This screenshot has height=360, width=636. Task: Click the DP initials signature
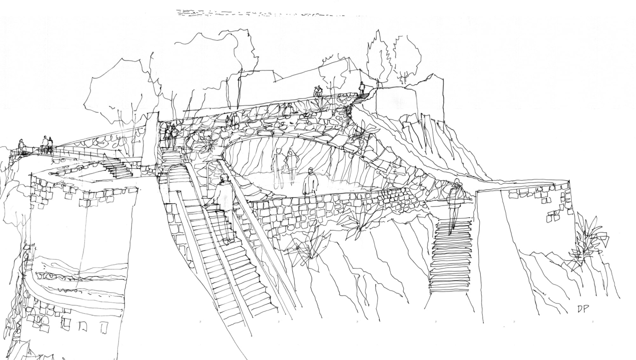click(x=583, y=309)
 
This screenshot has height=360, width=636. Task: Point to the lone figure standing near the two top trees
click(x=362, y=88)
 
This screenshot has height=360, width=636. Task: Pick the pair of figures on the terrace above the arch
click(x=317, y=91)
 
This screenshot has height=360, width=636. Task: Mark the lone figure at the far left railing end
click(x=21, y=145)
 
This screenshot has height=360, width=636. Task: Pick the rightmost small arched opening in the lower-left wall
click(x=104, y=327)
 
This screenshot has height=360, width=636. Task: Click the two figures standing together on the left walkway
click(x=46, y=143)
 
